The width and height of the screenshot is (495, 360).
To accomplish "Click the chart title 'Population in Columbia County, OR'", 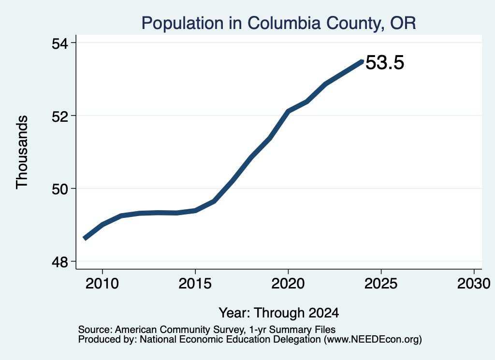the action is [x=278, y=23].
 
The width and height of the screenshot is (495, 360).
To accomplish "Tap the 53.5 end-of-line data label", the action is [x=385, y=62].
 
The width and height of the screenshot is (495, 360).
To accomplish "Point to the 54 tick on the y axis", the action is [x=60, y=43].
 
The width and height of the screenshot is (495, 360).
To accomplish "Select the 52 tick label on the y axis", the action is [x=60, y=116].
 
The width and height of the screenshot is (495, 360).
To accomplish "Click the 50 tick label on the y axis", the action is [x=60, y=189].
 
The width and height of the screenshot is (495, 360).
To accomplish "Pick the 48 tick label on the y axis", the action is [x=60, y=262].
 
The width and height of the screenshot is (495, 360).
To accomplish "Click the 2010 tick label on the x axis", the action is [x=102, y=284].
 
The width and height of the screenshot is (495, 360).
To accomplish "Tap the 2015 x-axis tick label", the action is [x=195, y=284].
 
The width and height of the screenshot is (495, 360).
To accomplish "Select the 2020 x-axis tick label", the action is [x=288, y=284].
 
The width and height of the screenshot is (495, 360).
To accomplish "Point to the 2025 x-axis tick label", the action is [x=381, y=284].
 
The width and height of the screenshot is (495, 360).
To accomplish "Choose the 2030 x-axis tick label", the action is [x=474, y=284].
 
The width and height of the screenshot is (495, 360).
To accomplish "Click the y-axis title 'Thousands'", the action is [x=22, y=152].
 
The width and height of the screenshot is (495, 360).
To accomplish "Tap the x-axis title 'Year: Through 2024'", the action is [x=279, y=313].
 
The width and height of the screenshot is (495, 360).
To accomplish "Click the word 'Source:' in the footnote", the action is [x=95, y=330].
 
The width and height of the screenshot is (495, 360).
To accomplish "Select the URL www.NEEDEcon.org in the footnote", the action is [x=373, y=340].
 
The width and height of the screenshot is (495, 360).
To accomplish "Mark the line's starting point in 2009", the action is [x=84, y=238].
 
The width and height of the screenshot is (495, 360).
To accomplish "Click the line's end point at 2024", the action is [x=363, y=61].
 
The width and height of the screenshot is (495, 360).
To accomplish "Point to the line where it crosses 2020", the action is [x=288, y=111].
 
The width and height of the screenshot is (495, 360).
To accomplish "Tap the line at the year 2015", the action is [x=195, y=211].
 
